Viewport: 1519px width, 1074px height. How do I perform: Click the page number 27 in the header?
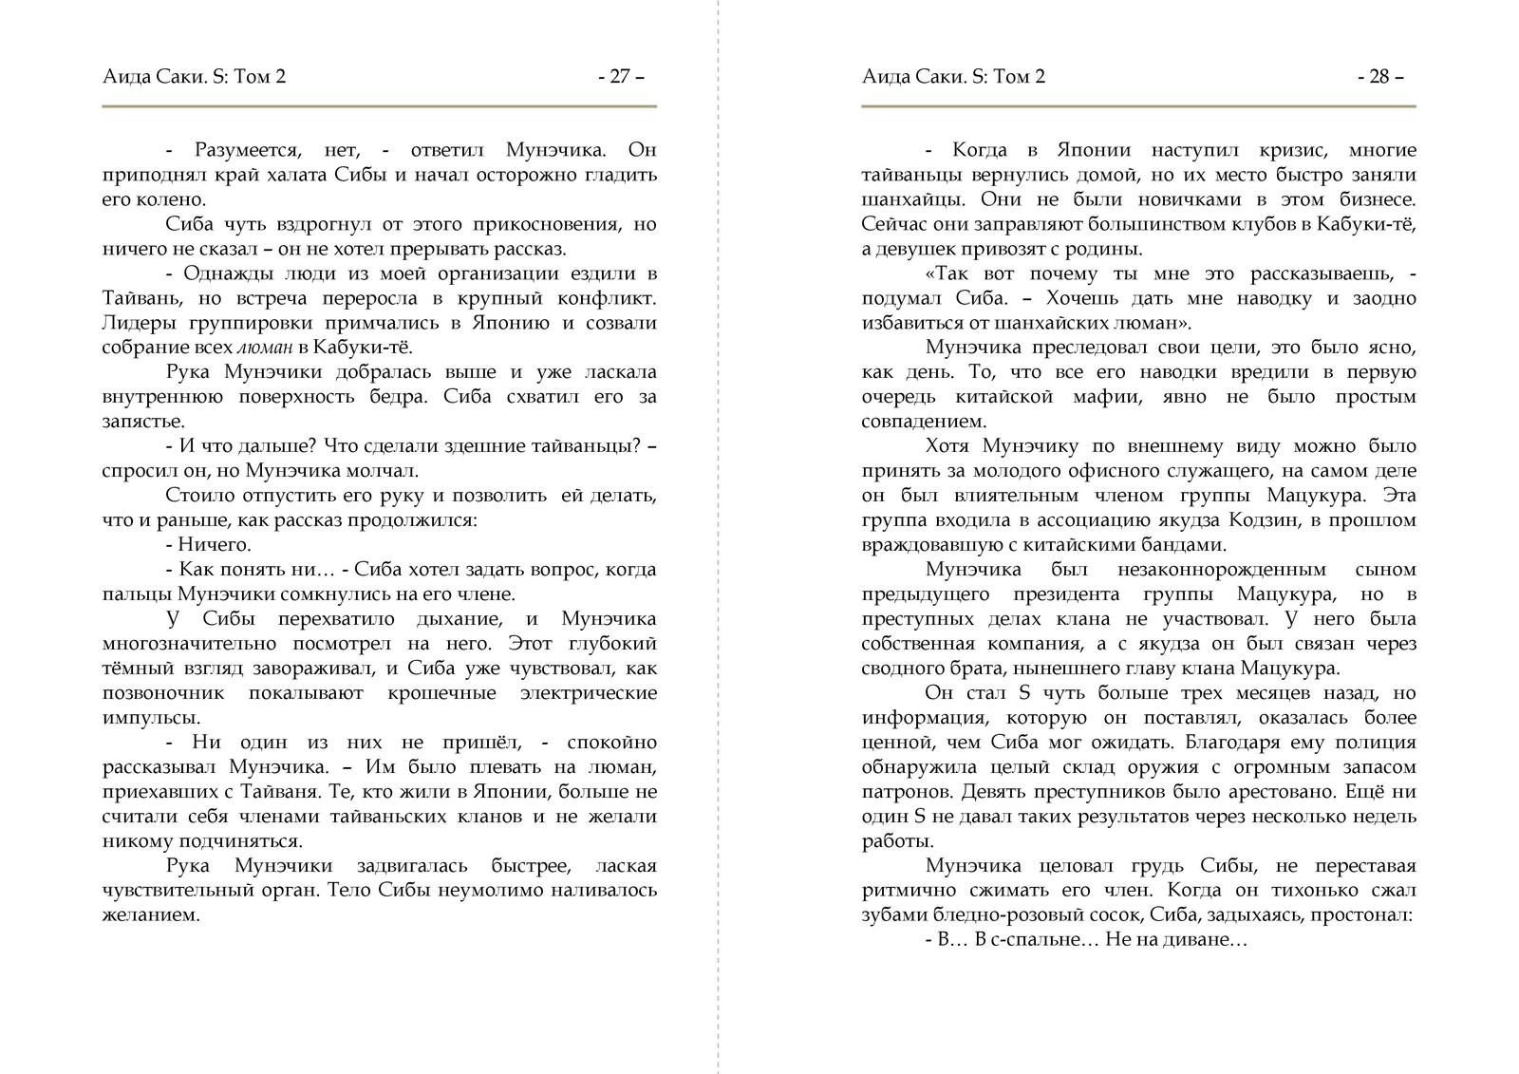[x=620, y=77]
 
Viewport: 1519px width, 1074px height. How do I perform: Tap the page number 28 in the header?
[x=1379, y=77]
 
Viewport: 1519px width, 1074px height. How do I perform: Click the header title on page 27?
[x=194, y=77]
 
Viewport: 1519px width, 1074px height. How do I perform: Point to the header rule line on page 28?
[x=1138, y=106]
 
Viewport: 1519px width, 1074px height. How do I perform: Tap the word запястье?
[x=142, y=422]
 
